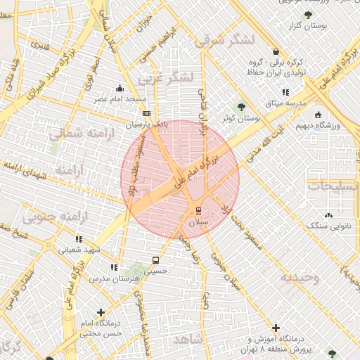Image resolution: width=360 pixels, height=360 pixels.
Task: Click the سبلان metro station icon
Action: (198, 210)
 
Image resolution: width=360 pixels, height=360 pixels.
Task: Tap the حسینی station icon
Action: (155, 259)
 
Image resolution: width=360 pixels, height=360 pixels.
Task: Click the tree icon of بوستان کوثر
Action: (242, 108)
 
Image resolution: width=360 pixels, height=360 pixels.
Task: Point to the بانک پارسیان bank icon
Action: (146, 113)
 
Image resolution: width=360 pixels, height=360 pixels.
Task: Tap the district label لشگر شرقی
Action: (221, 41)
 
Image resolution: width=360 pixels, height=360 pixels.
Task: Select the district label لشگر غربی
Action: (167, 78)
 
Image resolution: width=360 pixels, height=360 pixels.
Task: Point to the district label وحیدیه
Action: (300, 277)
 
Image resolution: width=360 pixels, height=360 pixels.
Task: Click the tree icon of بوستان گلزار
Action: (307, 15)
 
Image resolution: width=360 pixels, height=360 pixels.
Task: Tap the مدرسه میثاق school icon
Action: (285, 92)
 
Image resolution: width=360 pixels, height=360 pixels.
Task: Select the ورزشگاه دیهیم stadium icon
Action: (319, 115)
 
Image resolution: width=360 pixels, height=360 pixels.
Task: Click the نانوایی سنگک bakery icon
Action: (328, 215)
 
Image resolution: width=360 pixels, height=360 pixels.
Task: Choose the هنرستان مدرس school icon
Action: (113, 267)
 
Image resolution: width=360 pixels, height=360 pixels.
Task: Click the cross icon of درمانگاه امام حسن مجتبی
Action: (101, 311)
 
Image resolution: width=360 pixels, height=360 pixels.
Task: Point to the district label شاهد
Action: (188, 340)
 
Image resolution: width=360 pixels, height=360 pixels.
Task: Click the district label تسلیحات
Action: (333, 186)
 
